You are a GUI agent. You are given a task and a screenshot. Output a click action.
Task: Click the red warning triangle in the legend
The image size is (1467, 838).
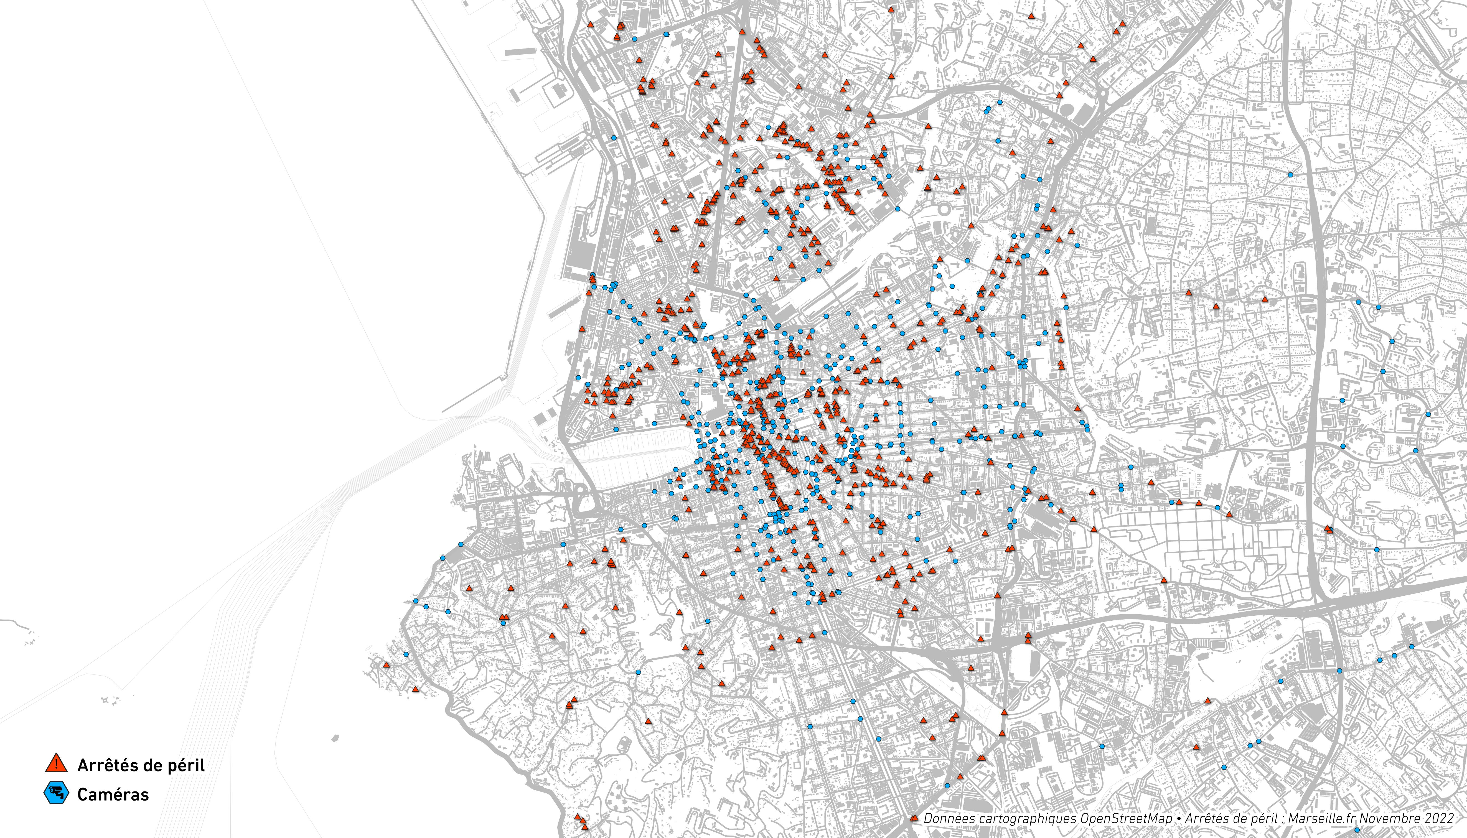pos(56,764)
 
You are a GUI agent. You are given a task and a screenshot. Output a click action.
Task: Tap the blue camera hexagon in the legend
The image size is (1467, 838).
pos(56,794)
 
